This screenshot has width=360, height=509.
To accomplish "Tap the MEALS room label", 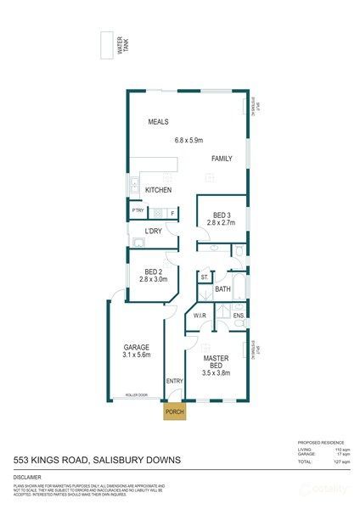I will tap(159, 122).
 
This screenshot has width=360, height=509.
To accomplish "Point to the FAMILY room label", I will tap(222, 159).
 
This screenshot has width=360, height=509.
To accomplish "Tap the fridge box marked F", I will tap(172, 212).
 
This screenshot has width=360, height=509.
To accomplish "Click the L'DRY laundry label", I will tap(154, 231).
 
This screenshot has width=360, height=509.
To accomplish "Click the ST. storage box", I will tap(205, 277).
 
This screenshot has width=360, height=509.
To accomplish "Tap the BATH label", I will tap(222, 290).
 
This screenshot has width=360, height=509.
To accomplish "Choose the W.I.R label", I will tap(201, 316).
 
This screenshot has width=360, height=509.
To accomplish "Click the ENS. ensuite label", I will tap(239, 316).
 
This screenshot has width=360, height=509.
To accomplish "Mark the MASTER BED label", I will tap(218, 363).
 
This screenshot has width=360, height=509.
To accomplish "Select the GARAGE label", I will tap(138, 349).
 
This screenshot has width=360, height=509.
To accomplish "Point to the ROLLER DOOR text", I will tap(136, 395).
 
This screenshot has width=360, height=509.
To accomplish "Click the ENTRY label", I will tap(175, 382).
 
